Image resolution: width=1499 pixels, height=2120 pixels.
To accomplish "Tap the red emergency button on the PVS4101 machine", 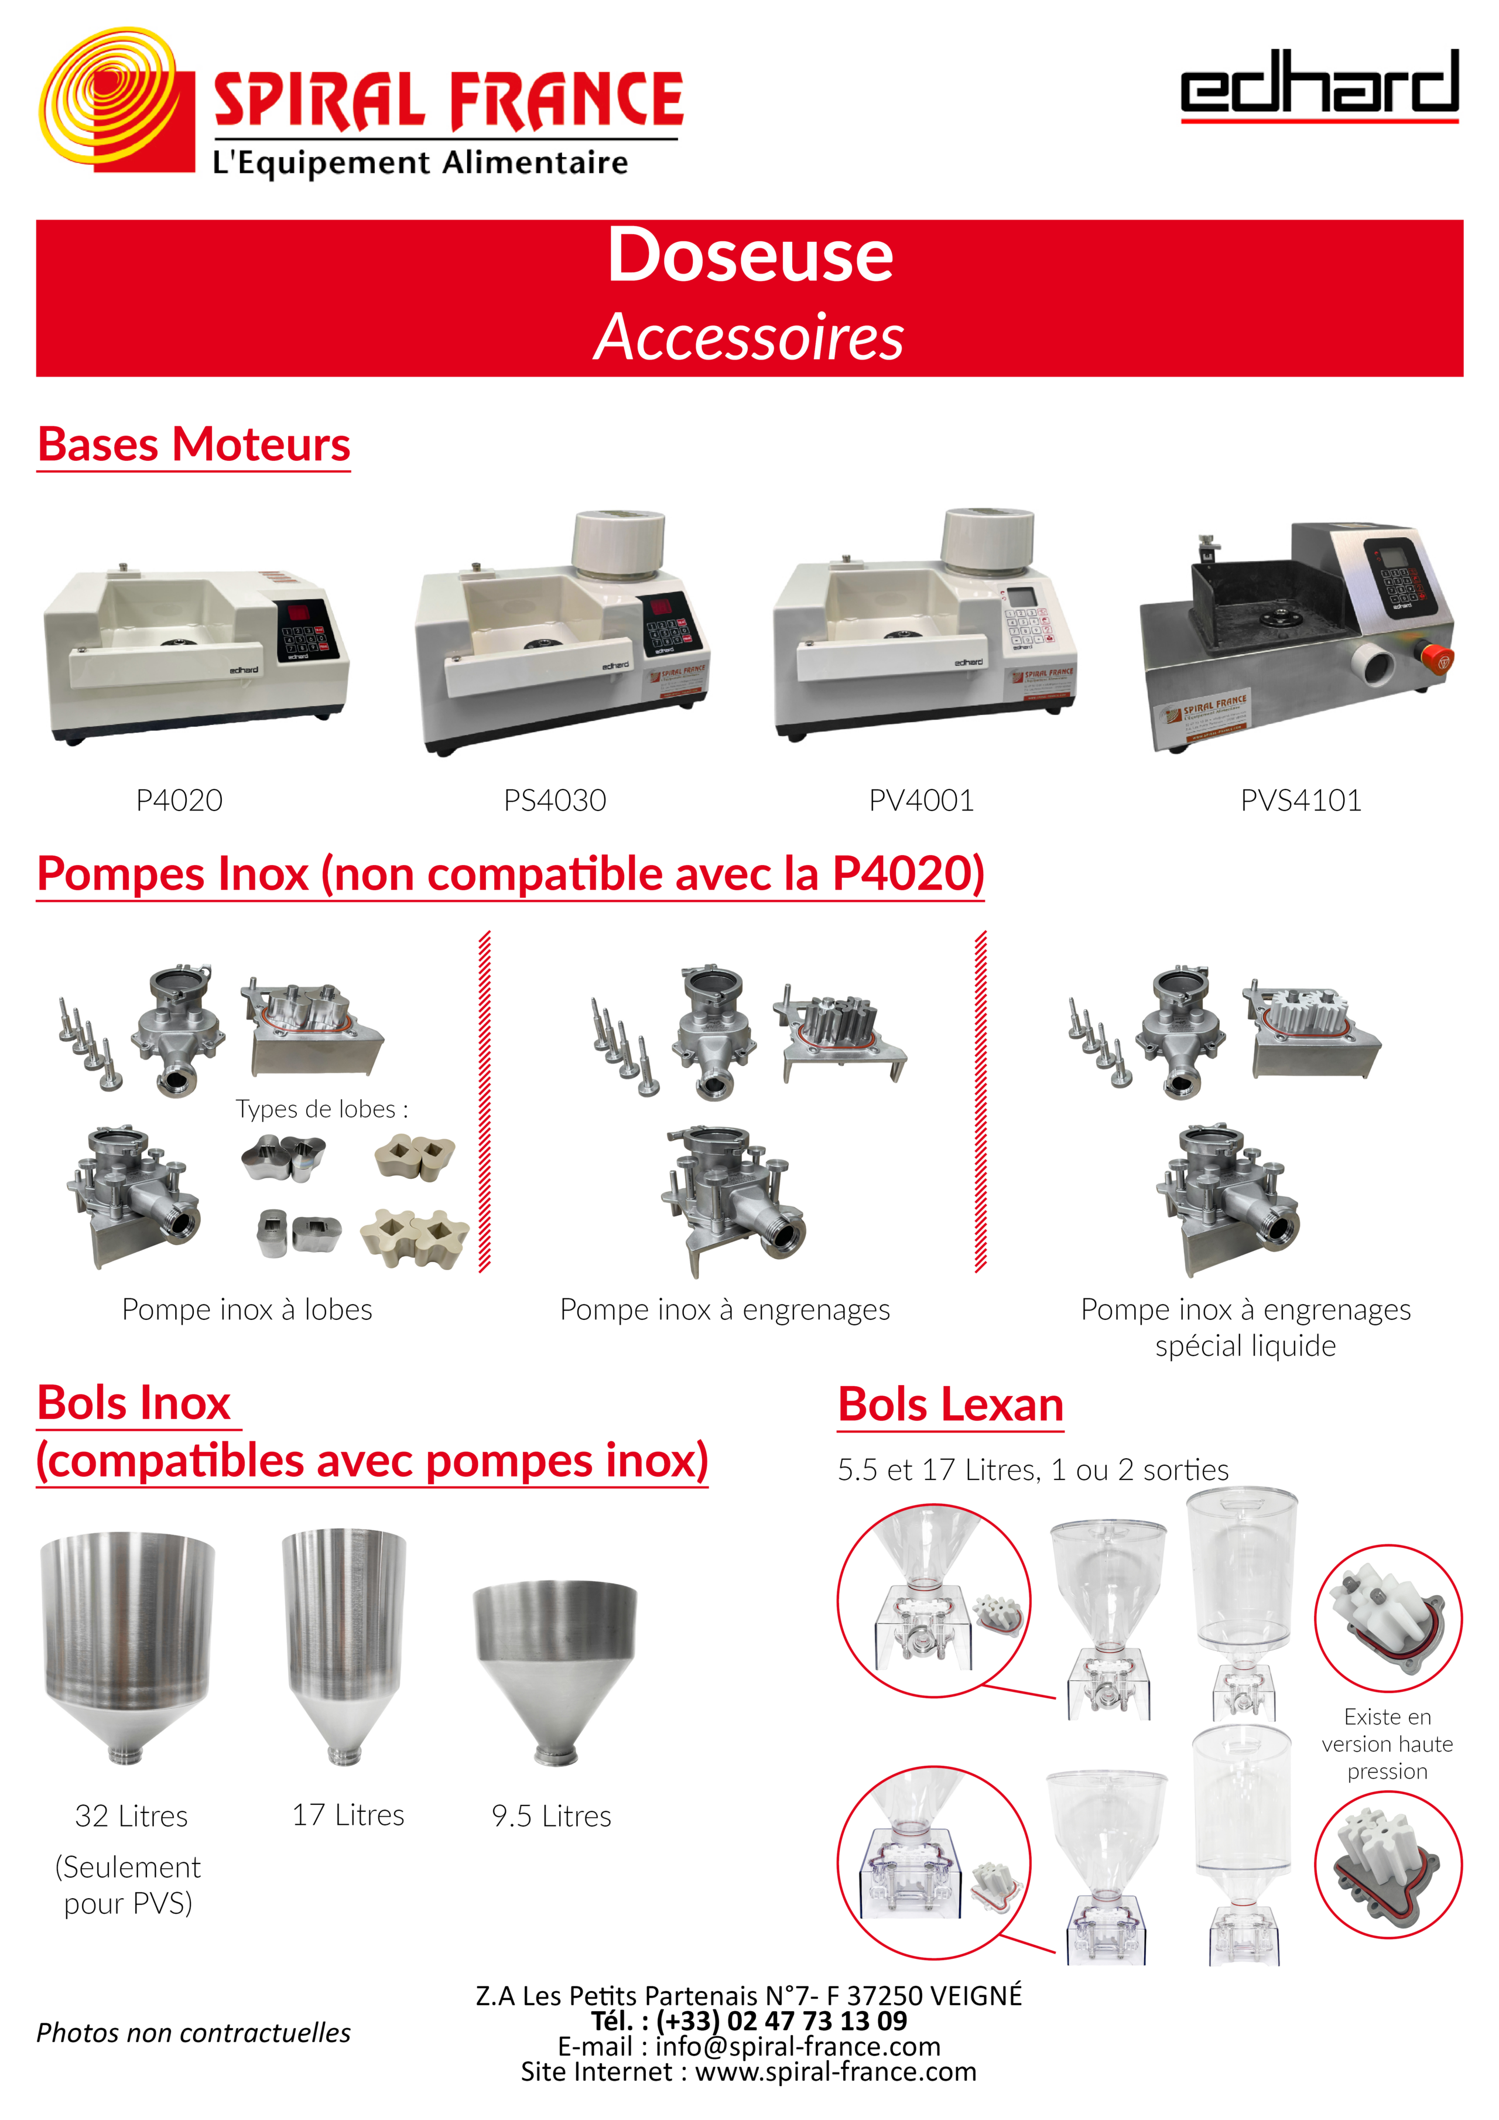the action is pyautogui.click(x=1435, y=658).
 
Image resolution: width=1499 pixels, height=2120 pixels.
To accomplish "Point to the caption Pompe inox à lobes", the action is pyautogui.click(x=247, y=1309).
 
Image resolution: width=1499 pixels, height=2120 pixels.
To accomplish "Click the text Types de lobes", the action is pyautogui.click(x=321, y=1109).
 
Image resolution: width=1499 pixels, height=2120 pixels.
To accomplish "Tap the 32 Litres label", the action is pyautogui.click(x=131, y=1816).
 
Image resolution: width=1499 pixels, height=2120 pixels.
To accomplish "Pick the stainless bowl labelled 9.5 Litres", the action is pyautogui.click(x=555, y=1672).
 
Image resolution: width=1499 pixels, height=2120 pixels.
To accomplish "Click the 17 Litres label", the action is pyautogui.click(x=348, y=1815).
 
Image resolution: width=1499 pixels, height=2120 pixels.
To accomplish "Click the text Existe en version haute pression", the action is pyautogui.click(x=1387, y=1744).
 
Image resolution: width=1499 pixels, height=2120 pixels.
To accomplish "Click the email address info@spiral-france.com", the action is pyautogui.click(x=798, y=2046).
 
